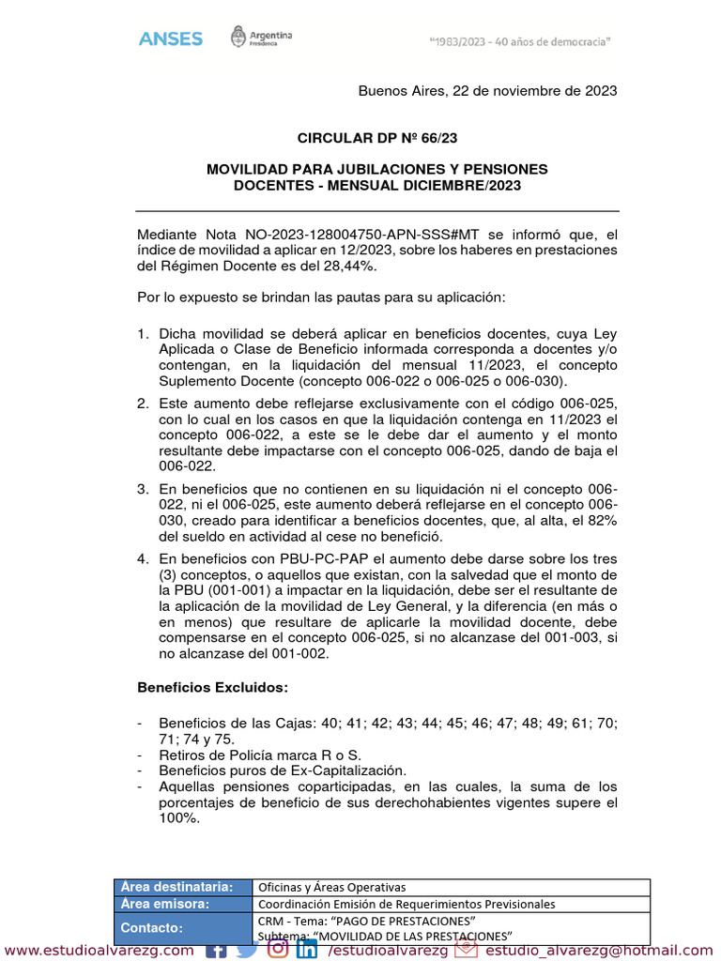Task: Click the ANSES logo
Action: (x=170, y=38)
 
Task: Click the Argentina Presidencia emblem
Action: (x=262, y=38)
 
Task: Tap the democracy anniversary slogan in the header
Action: (x=520, y=41)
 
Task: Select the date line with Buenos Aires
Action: (x=487, y=91)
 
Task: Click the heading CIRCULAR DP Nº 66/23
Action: (x=377, y=138)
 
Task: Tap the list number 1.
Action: (x=143, y=334)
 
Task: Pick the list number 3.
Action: (x=143, y=489)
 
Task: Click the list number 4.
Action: (x=143, y=559)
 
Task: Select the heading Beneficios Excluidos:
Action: (x=213, y=688)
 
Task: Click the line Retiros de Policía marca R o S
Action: (x=260, y=755)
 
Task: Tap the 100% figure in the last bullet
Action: (x=178, y=818)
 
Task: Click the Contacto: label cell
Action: (x=153, y=927)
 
